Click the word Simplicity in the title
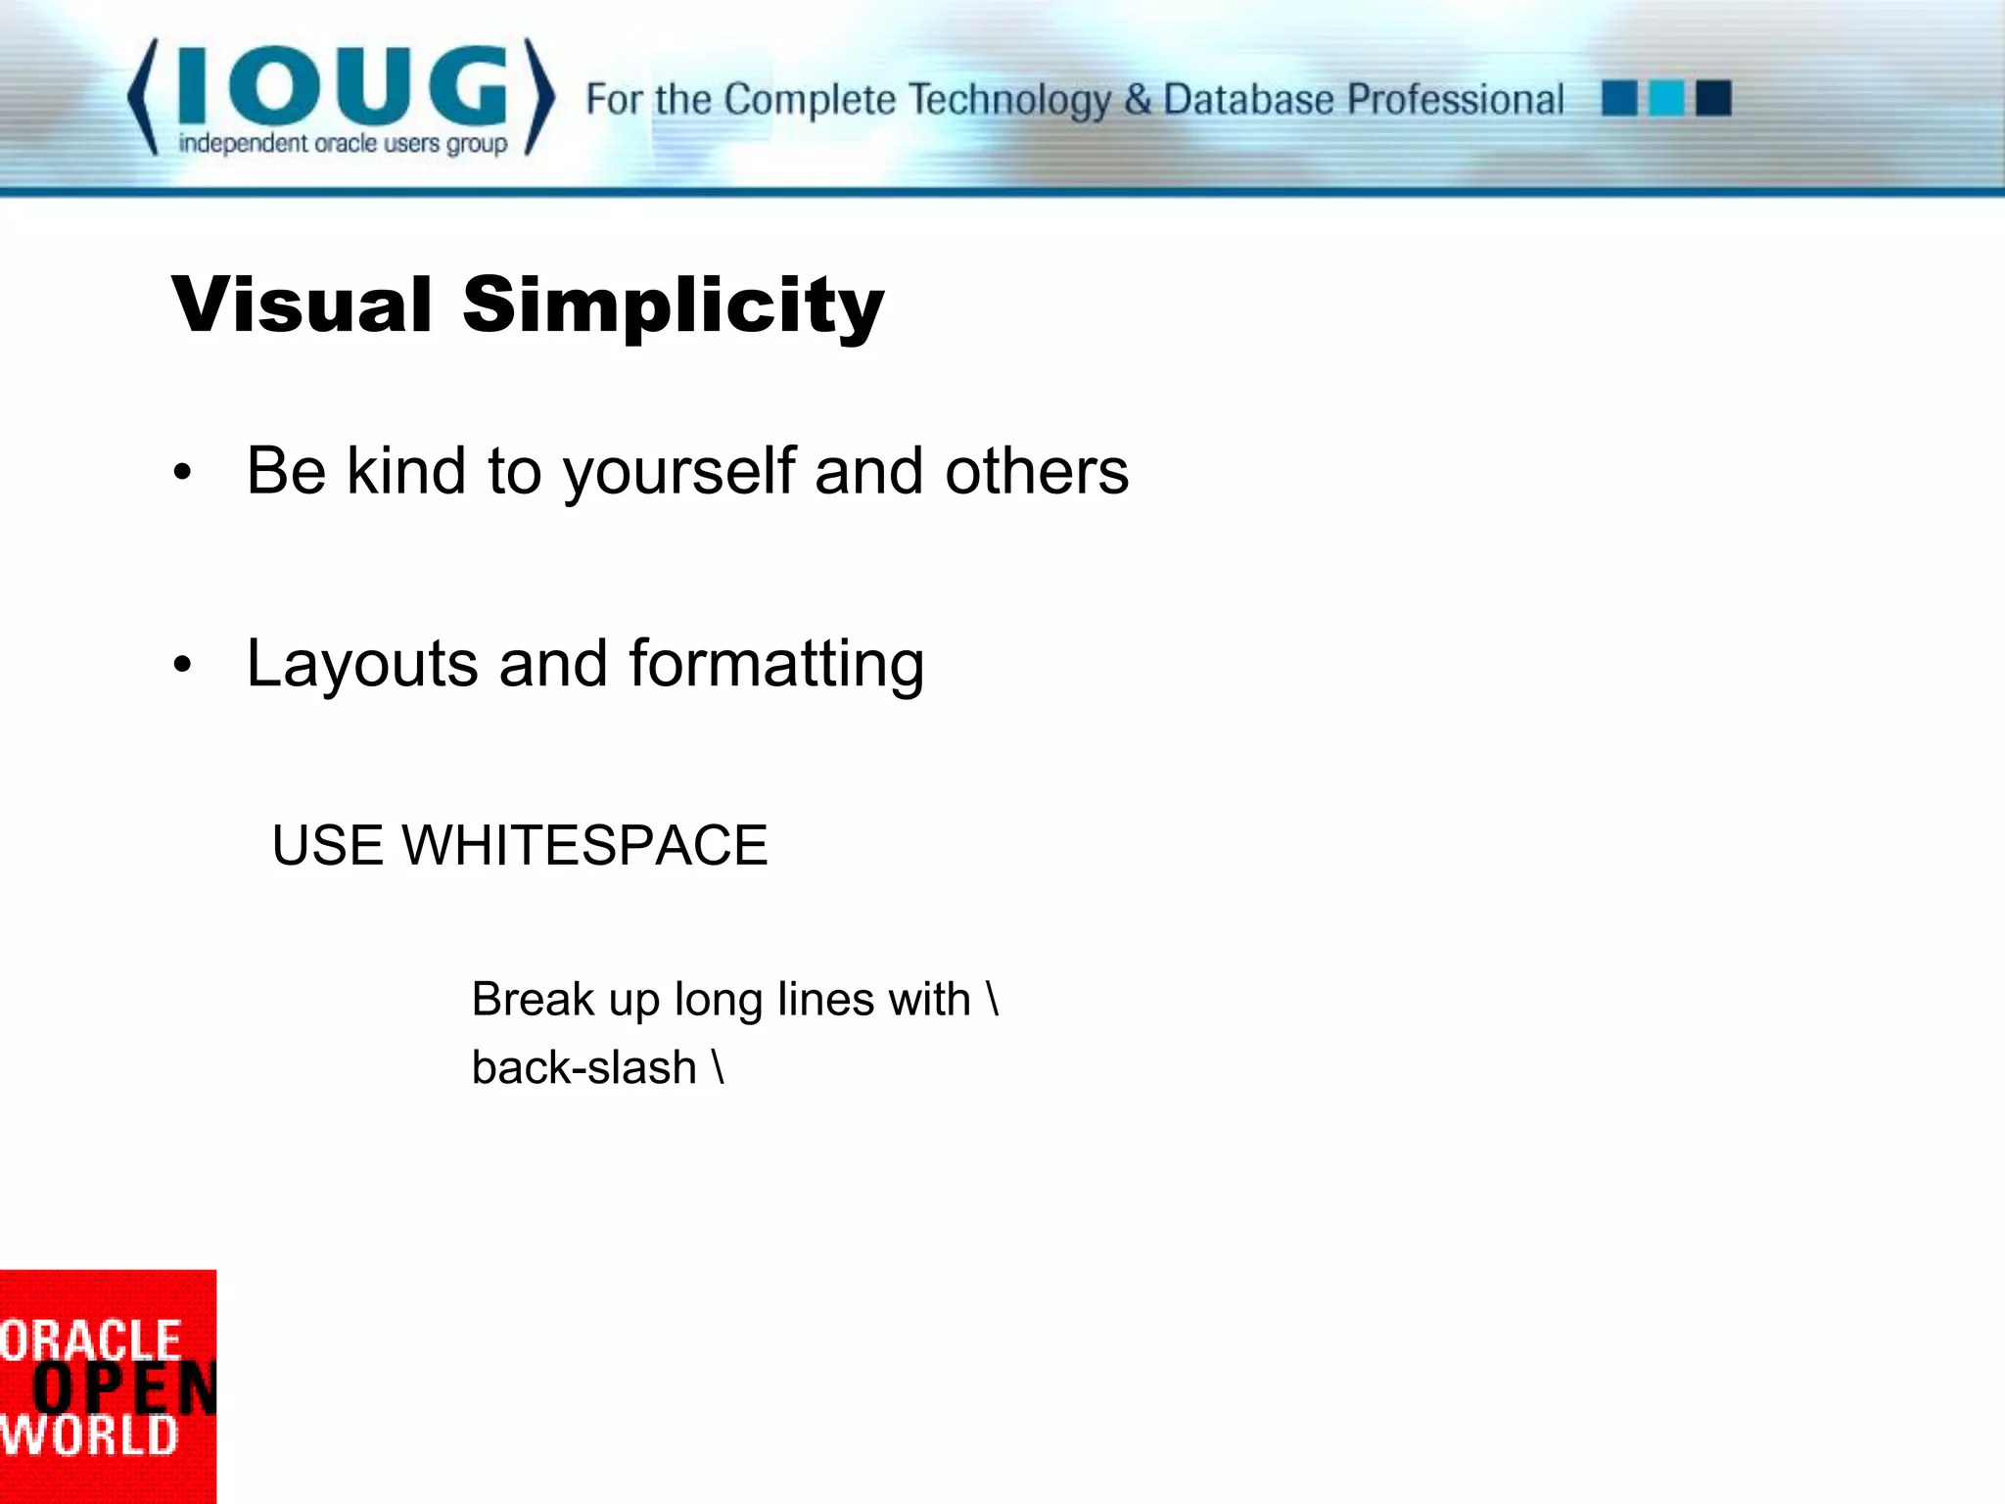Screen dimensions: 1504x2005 674,306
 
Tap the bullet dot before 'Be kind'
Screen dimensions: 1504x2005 182,474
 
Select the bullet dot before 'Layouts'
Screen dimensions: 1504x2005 182,666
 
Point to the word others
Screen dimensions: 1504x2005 1037,472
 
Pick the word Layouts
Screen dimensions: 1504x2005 363,664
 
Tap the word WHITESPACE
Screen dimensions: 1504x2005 584,845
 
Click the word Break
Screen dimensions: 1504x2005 533,1000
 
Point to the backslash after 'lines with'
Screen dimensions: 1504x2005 993,1000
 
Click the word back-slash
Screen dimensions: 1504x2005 583,1067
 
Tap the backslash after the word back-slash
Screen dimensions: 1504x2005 719,1067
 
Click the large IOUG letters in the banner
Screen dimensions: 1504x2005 343,86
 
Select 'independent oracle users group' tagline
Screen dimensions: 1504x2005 343,144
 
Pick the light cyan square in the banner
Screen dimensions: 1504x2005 1666,99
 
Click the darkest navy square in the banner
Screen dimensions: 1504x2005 1713,99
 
